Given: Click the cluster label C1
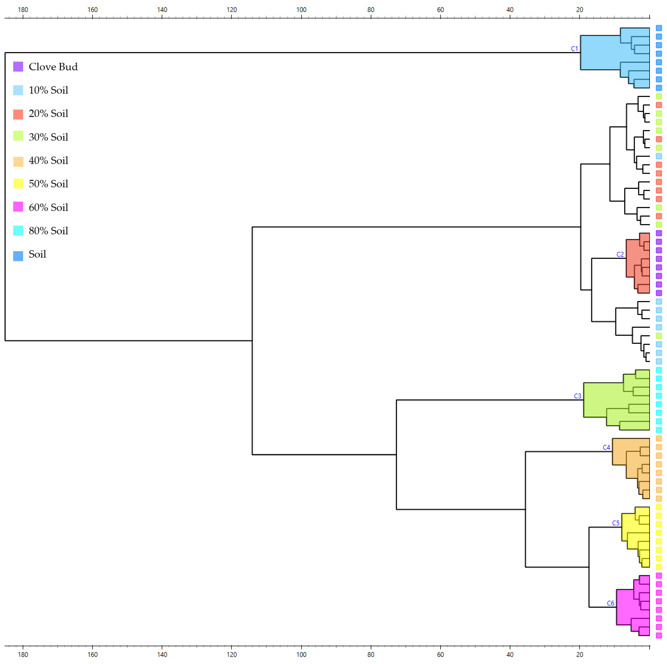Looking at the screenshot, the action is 574,49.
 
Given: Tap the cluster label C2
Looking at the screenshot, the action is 620,254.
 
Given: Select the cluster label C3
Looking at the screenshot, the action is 577,396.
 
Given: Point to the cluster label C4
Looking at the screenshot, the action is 606,447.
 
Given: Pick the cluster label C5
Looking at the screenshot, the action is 616,523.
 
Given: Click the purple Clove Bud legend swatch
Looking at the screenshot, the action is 18,67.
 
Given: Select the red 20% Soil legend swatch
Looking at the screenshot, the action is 18,114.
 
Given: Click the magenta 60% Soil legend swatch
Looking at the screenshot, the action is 18,207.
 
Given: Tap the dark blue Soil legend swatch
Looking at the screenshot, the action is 18,256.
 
